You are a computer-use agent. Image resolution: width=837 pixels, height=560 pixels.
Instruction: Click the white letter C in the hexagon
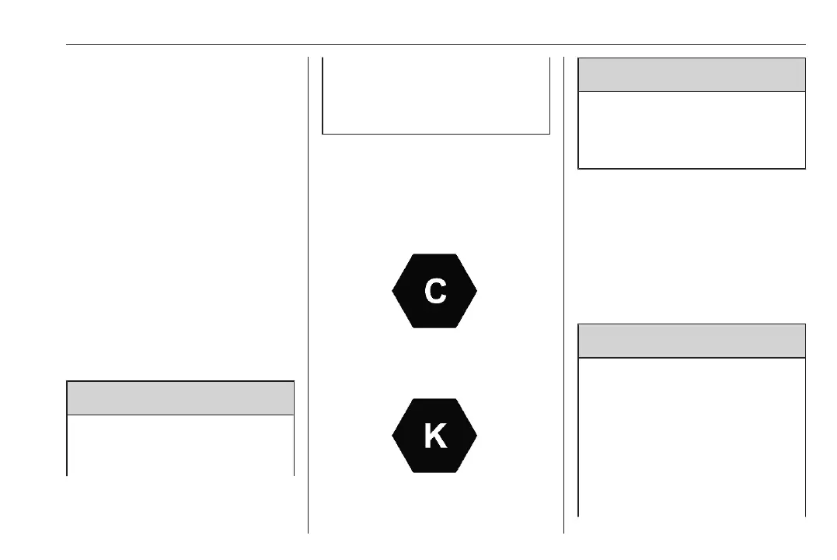(434, 291)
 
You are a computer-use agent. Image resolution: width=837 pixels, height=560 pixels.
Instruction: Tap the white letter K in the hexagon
(434, 436)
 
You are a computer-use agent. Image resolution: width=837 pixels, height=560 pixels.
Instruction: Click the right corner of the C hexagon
(476, 291)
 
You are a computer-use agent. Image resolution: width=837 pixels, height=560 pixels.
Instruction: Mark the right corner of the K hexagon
(476, 436)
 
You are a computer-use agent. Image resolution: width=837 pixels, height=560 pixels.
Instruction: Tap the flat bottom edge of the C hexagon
(434, 327)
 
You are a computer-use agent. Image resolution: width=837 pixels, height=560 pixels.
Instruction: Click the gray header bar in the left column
(180, 397)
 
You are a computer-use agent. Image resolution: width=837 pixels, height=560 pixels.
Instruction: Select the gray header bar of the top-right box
(692, 75)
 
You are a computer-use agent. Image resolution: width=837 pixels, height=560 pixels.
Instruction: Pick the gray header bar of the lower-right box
(692, 341)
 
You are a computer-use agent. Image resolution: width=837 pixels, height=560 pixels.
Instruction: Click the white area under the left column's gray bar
(180, 443)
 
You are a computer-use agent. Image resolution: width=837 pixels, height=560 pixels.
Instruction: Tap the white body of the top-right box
(692, 129)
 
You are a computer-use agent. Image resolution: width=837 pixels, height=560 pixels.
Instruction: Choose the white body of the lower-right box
(692, 436)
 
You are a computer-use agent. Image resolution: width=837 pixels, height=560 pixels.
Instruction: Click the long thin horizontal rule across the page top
(435, 45)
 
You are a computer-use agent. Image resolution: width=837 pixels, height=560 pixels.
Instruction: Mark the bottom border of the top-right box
(692, 168)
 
